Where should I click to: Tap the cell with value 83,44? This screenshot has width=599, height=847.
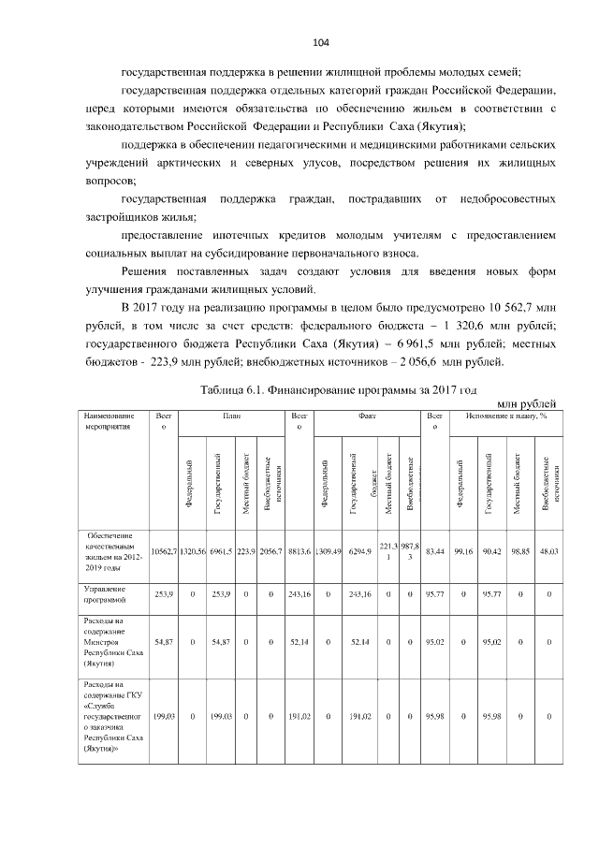(x=434, y=552)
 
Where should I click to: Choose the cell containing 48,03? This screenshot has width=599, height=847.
(x=548, y=552)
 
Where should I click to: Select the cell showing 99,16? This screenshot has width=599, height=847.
(x=462, y=552)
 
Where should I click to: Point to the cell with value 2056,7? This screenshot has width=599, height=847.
(x=271, y=552)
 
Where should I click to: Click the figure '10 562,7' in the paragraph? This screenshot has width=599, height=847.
(x=505, y=306)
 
